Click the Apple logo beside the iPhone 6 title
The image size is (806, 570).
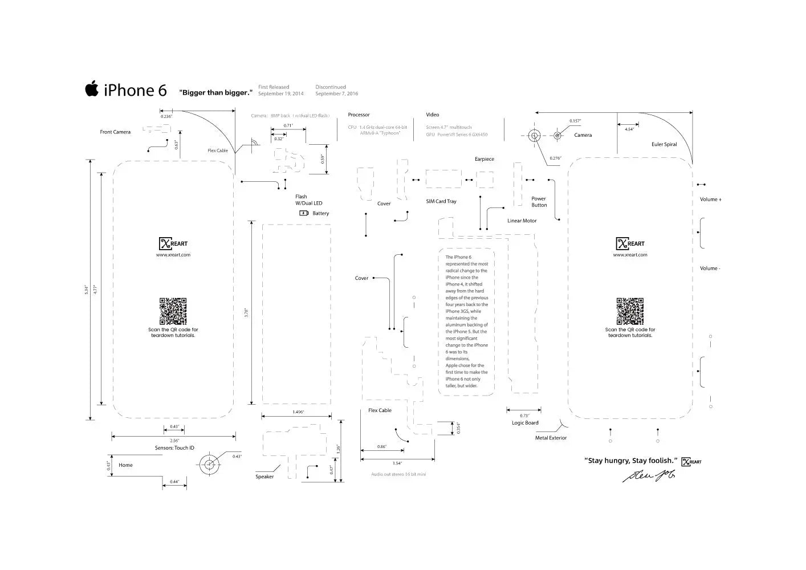[92, 89]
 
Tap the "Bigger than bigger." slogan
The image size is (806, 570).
[215, 92]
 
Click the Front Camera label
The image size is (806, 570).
[115, 132]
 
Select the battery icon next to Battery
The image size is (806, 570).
[304, 213]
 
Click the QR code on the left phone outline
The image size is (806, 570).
[173, 311]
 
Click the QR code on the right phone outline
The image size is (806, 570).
[630, 311]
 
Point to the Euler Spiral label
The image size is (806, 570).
[664, 145]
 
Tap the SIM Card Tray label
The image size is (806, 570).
[441, 201]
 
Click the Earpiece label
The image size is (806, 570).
[485, 159]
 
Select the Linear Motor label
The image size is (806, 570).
[522, 221]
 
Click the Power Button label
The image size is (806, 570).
[539, 202]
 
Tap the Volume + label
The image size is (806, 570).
[711, 199]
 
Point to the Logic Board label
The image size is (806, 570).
[525, 423]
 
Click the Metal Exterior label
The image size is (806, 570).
[551, 438]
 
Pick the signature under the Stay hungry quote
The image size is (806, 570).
[649, 475]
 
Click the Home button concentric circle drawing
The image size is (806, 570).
[210, 465]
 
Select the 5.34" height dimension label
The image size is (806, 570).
[87, 290]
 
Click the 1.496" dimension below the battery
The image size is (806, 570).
[298, 412]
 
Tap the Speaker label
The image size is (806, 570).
[264, 477]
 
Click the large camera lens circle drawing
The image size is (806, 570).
[534, 136]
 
